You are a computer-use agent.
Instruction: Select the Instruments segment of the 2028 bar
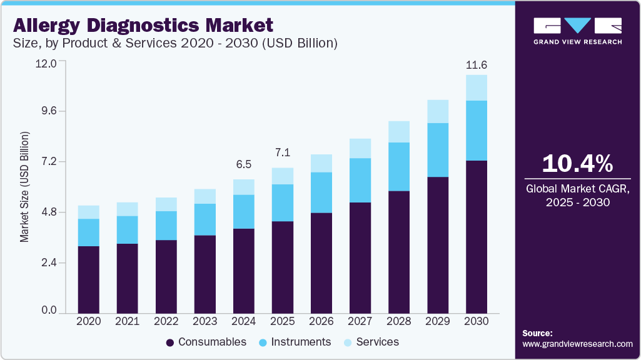click(x=399, y=166)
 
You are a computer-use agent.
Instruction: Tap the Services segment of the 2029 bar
click(x=438, y=111)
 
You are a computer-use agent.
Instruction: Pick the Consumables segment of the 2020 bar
click(x=89, y=279)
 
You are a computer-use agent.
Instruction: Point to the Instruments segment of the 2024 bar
click(x=244, y=211)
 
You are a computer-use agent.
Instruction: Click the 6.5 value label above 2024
click(x=244, y=164)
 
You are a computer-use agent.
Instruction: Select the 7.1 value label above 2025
click(x=283, y=152)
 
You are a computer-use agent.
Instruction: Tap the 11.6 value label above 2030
click(x=477, y=65)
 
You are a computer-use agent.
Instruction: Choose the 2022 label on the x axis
click(x=166, y=321)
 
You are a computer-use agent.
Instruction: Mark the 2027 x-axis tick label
click(x=360, y=321)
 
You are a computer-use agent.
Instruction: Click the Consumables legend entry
click(x=206, y=342)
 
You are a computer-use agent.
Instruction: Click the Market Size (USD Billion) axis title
click(x=24, y=187)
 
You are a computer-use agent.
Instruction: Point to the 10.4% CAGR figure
click(x=577, y=163)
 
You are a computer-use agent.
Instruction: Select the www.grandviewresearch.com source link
click(x=577, y=344)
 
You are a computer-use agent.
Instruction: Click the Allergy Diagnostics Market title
click(x=143, y=26)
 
